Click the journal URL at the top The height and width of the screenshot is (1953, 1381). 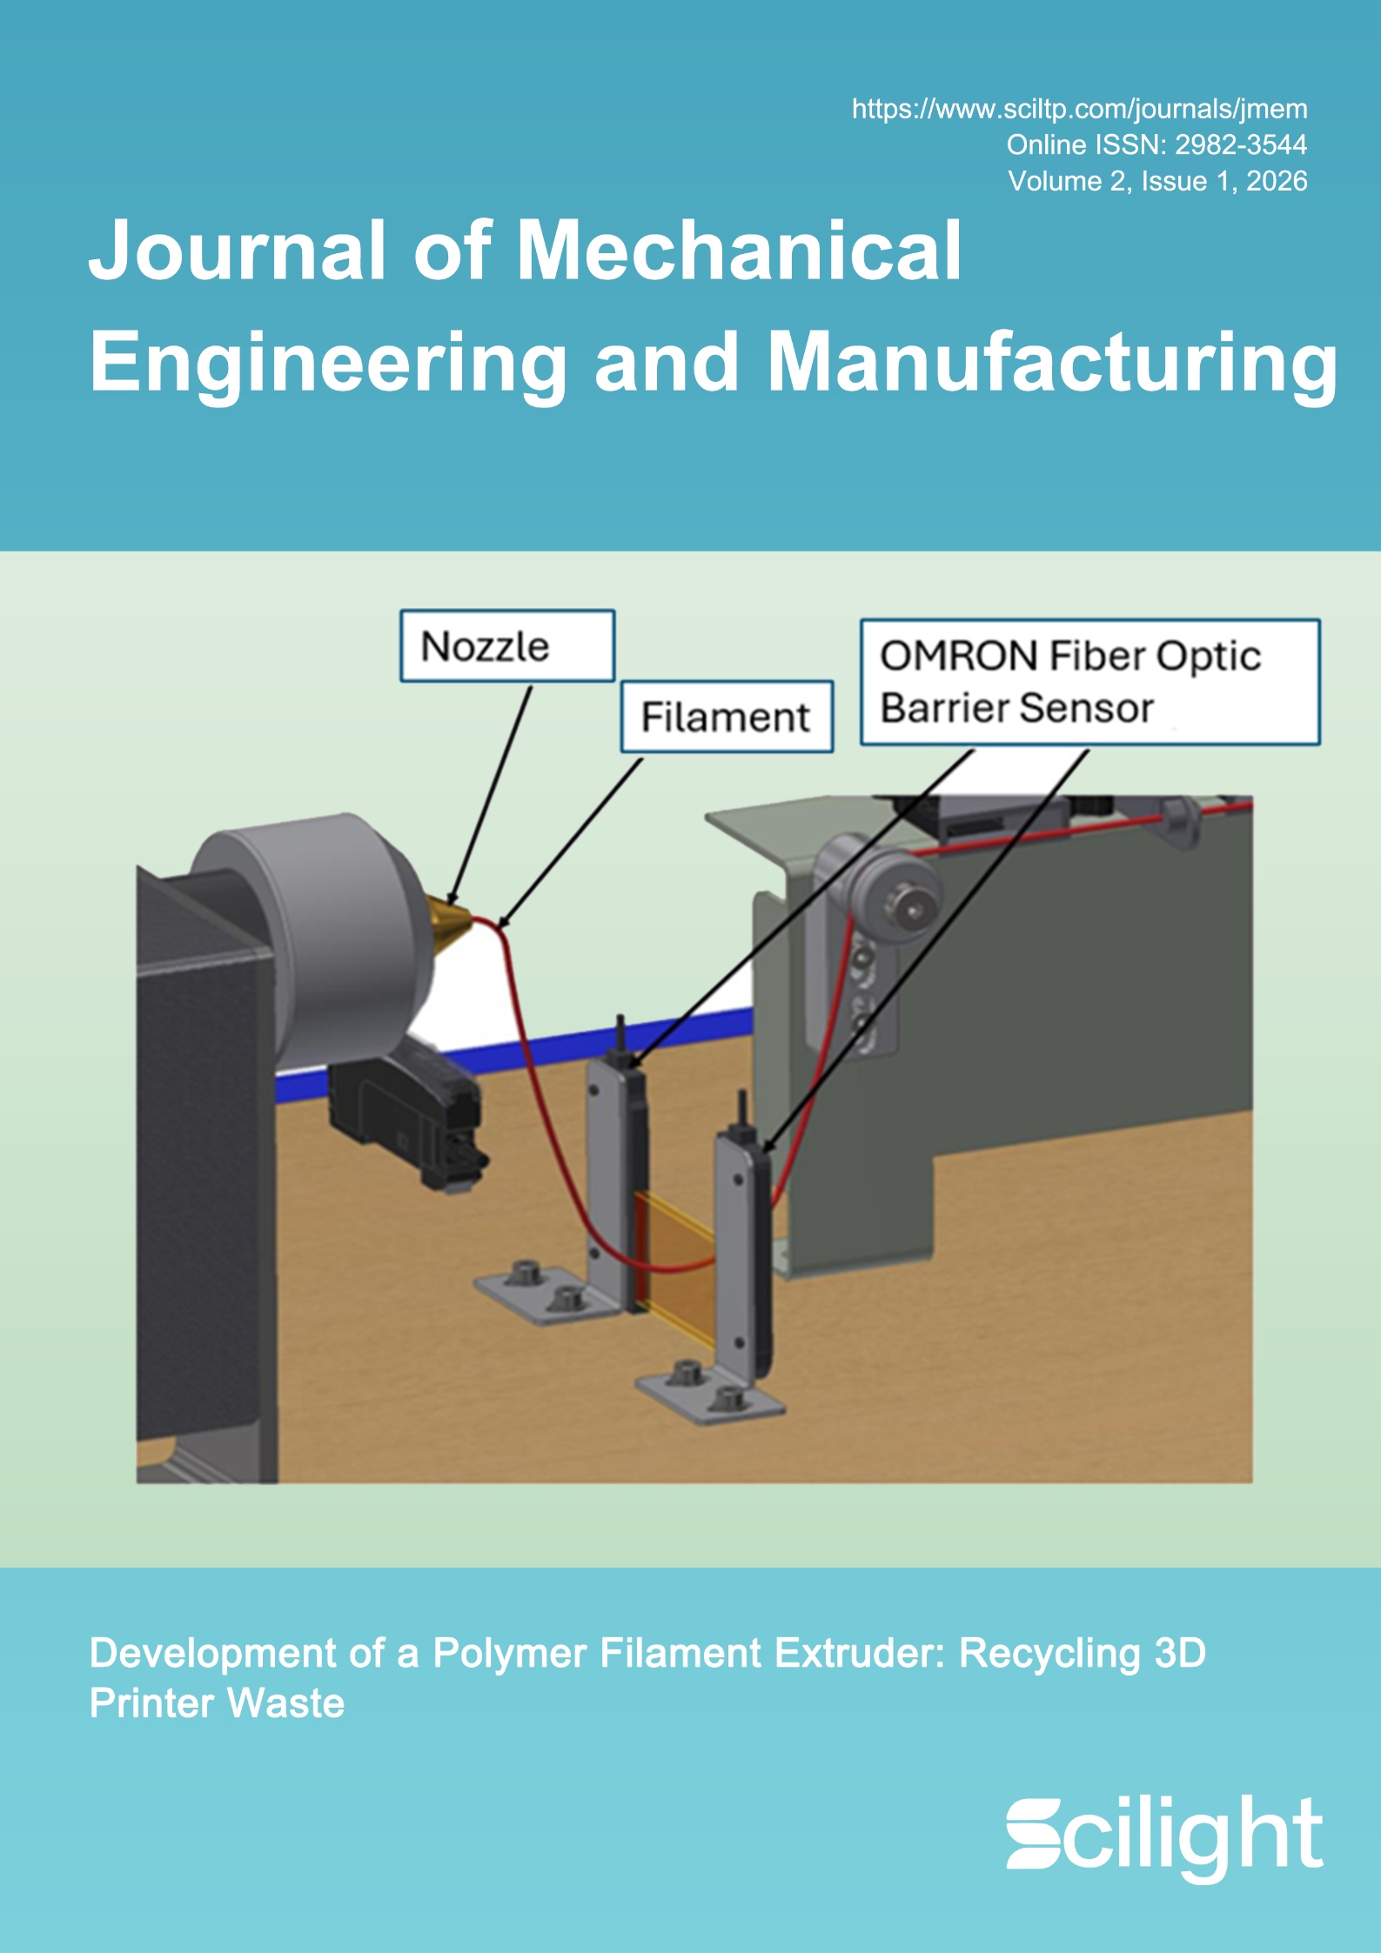(1079, 110)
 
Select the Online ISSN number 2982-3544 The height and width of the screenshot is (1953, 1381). (1241, 145)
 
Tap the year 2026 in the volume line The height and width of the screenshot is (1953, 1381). (1277, 181)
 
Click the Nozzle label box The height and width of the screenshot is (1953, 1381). (507, 646)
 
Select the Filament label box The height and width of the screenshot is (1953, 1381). (727, 717)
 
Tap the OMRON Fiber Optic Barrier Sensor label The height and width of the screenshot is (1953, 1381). (1089, 682)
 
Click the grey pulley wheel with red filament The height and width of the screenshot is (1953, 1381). (896, 896)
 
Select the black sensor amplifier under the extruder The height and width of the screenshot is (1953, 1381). (409, 1114)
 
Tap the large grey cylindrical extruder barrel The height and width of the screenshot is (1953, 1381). (331, 940)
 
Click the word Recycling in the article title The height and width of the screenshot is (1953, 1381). (1049, 1654)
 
